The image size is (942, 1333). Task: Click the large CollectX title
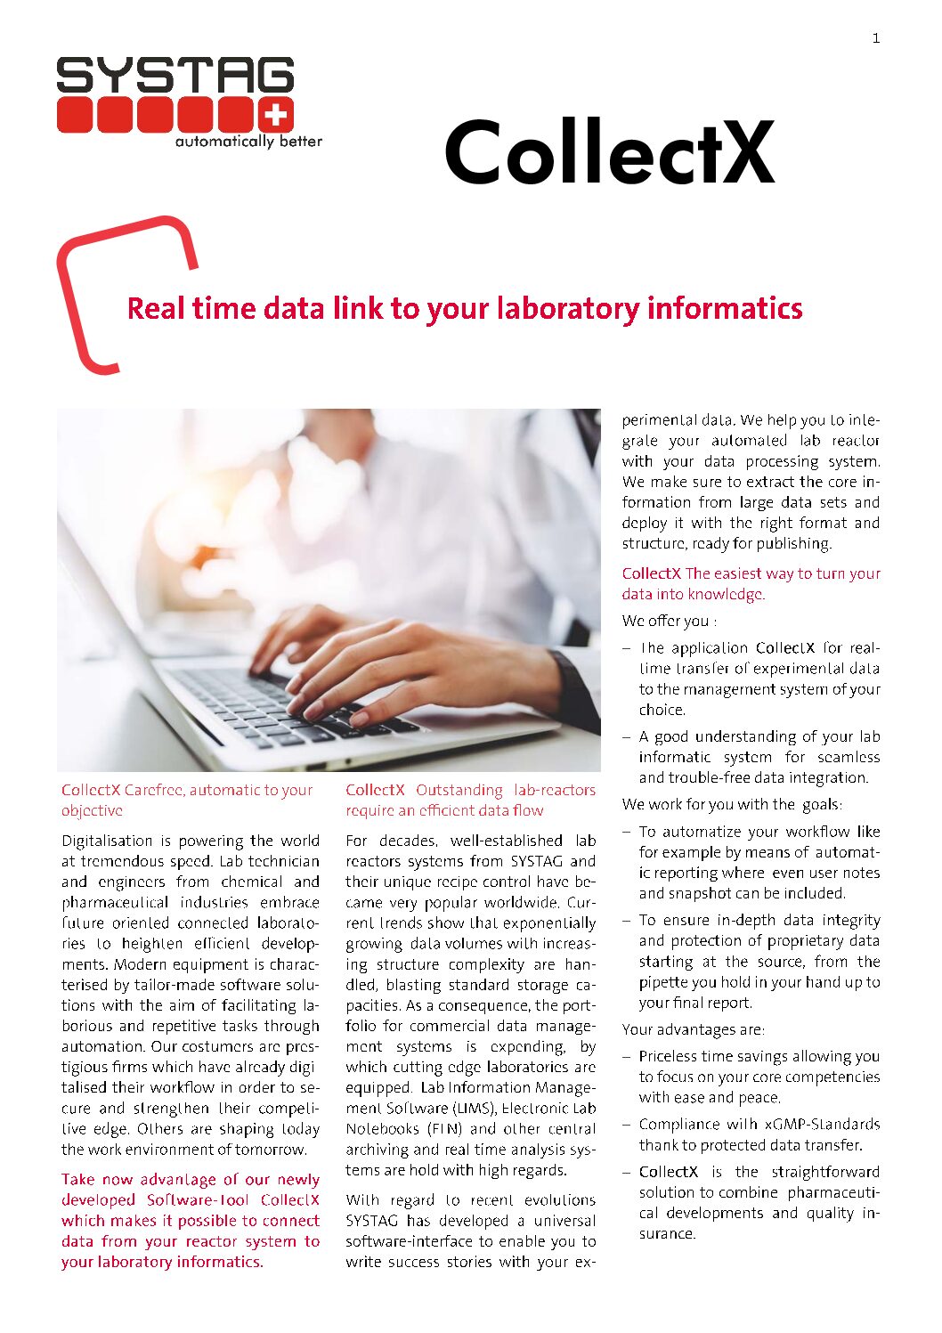coord(609,152)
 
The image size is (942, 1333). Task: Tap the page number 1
coord(876,38)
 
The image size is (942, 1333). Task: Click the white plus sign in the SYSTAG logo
coord(276,115)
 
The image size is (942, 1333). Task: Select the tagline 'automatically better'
coord(248,142)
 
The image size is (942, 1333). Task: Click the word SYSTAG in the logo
coord(175,76)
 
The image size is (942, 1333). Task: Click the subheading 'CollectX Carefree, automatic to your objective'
coord(187,800)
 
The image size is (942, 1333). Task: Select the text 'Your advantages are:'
coord(693,1029)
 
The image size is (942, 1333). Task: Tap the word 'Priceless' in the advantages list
coord(670,1056)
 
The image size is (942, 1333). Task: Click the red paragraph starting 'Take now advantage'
coord(190,1220)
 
